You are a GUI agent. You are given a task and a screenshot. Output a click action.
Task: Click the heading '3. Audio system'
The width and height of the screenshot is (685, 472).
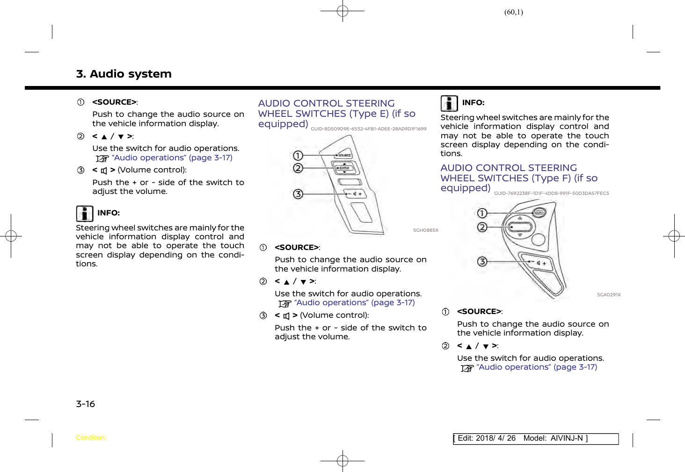[124, 74]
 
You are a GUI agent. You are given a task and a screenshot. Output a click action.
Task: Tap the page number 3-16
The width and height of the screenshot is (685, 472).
[85, 404]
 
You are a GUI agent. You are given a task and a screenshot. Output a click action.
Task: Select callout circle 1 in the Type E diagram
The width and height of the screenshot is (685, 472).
[298, 156]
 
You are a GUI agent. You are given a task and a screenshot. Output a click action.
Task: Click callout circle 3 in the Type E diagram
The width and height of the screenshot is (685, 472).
[298, 194]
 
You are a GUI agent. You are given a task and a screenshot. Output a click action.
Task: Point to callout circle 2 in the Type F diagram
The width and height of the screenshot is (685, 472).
[482, 228]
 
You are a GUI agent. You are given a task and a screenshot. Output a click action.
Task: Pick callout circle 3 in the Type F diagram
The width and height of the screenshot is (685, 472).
[482, 262]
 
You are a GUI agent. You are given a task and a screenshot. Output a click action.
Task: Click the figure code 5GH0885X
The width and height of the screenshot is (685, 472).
[425, 230]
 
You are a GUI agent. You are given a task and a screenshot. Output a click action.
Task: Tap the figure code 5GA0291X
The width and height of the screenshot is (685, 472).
[608, 295]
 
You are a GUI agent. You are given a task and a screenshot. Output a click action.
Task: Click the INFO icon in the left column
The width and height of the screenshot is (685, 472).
[84, 214]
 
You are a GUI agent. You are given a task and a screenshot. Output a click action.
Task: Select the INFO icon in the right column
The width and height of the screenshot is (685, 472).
[449, 103]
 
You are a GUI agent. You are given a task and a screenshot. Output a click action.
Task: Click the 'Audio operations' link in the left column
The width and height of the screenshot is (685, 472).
[172, 158]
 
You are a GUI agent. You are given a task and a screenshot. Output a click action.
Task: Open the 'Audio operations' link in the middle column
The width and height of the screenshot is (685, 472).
[354, 303]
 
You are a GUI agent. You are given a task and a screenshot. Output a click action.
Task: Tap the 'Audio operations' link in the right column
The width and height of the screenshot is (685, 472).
[537, 367]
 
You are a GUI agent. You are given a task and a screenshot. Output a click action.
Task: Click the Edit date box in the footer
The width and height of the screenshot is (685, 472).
[535, 438]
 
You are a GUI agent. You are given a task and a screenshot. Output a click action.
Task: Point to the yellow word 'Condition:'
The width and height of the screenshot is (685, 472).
[91, 438]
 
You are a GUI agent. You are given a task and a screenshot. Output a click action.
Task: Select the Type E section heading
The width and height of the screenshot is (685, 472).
[336, 114]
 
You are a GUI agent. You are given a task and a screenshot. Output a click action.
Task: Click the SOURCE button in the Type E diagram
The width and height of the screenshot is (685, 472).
[344, 155]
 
